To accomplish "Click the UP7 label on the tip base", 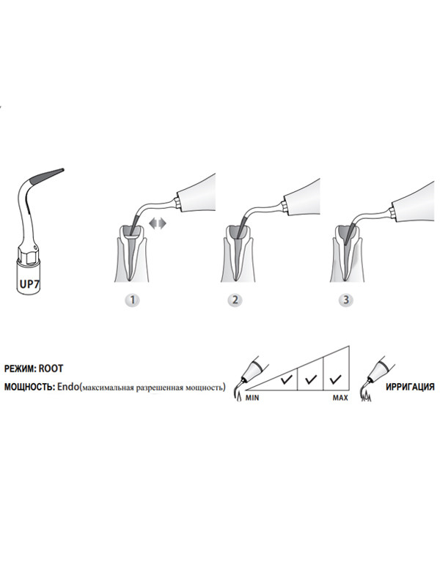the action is coord(29,284).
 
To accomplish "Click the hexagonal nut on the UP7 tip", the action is coord(28,255).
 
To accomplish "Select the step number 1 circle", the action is coord(132,300).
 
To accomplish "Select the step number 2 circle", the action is coord(235,300).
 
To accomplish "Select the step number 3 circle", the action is coord(346,300).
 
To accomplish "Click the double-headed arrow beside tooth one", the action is coord(158,223).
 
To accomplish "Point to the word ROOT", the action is coord(51,368).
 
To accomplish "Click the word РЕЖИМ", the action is coord(20,368).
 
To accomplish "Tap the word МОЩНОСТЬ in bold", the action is coord(29,387).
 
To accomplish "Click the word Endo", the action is coord(68,387).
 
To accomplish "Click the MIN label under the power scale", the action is coord(252,398).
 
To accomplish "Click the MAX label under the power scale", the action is coord(340,398).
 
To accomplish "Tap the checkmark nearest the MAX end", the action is coord(336,379).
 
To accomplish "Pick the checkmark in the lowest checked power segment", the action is coord(286,379).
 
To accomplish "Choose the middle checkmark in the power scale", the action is coord(311,379).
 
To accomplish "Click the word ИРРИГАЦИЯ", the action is coord(410,387).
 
